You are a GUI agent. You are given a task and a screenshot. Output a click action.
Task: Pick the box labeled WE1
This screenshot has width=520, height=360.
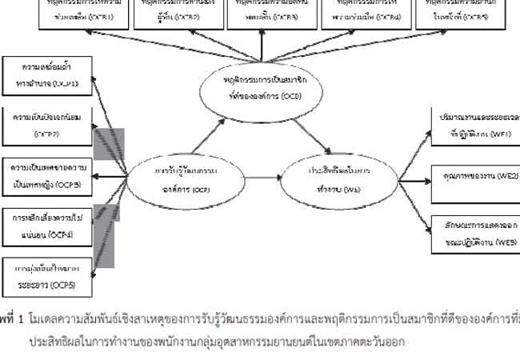coord(473,124)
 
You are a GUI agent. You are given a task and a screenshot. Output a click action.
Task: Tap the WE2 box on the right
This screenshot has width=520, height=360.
coord(473,174)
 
